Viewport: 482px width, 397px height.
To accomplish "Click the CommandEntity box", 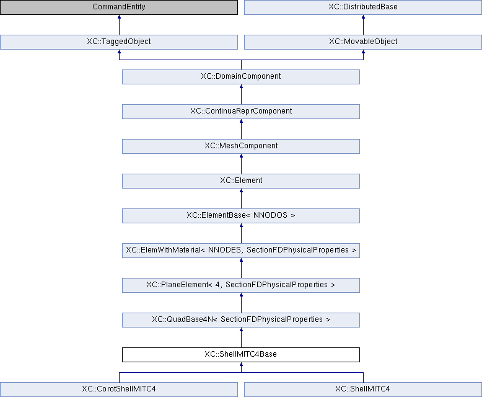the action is coord(119,7).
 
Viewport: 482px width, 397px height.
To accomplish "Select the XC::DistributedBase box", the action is coord(362,7).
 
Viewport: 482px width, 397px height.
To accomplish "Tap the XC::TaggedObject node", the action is coord(119,42).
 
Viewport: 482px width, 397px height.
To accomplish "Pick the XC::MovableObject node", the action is coord(362,42).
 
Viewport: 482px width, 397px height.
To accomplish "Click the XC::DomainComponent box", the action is coord(241,77).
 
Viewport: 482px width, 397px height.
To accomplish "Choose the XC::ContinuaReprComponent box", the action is coord(241,112).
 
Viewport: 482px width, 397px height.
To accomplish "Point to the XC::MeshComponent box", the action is coord(241,146).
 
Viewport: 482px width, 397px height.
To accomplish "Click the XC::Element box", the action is coord(241,181).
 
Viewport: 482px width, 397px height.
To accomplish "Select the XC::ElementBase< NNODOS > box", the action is coord(241,216).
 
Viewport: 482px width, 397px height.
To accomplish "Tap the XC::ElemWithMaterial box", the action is coord(241,251).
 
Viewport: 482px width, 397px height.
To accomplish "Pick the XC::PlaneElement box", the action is coord(241,285).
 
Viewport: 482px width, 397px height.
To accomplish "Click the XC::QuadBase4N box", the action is coord(241,320).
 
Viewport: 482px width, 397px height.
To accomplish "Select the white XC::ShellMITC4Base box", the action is coord(241,355).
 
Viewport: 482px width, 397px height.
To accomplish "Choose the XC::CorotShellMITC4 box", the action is coord(119,390).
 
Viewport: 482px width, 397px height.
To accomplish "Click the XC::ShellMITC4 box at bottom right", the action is coord(362,390).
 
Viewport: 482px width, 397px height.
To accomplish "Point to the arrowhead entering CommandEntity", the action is coord(120,17).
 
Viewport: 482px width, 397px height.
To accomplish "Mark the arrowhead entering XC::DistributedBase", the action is coord(363,17).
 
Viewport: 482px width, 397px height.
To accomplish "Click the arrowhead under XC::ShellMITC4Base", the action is coord(241,364).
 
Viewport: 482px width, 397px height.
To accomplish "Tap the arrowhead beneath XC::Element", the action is coord(241,190).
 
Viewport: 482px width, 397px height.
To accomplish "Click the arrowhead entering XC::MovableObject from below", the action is coord(363,51).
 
